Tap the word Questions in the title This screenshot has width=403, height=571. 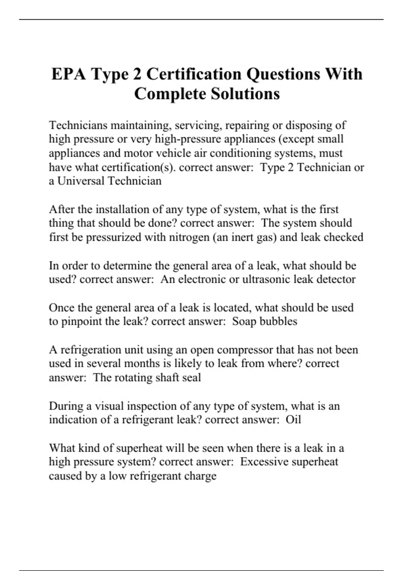pos(283,74)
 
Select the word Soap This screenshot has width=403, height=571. pos(244,321)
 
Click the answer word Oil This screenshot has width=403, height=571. pos(293,420)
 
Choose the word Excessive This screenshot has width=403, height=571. pos(264,462)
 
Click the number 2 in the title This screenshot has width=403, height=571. pos(137,74)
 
